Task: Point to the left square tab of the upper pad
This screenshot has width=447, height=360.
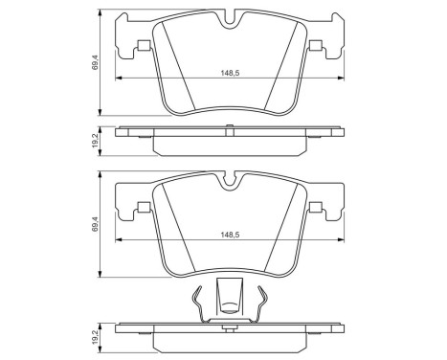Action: pyautogui.click(x=144, y=48)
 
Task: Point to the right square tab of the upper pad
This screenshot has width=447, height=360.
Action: pyautogui.click(x=313, y=48)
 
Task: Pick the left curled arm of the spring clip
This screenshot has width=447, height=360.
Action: pyautogui.click(x=195, y=304)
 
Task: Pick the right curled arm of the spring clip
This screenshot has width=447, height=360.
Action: pyautogui.click(x=260, y=304)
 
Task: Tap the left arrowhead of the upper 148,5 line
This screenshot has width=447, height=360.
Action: pyautogui.click(x=119, y=79)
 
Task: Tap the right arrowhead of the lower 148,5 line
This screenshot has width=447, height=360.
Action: pyautogui.click(x=338, y=239)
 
